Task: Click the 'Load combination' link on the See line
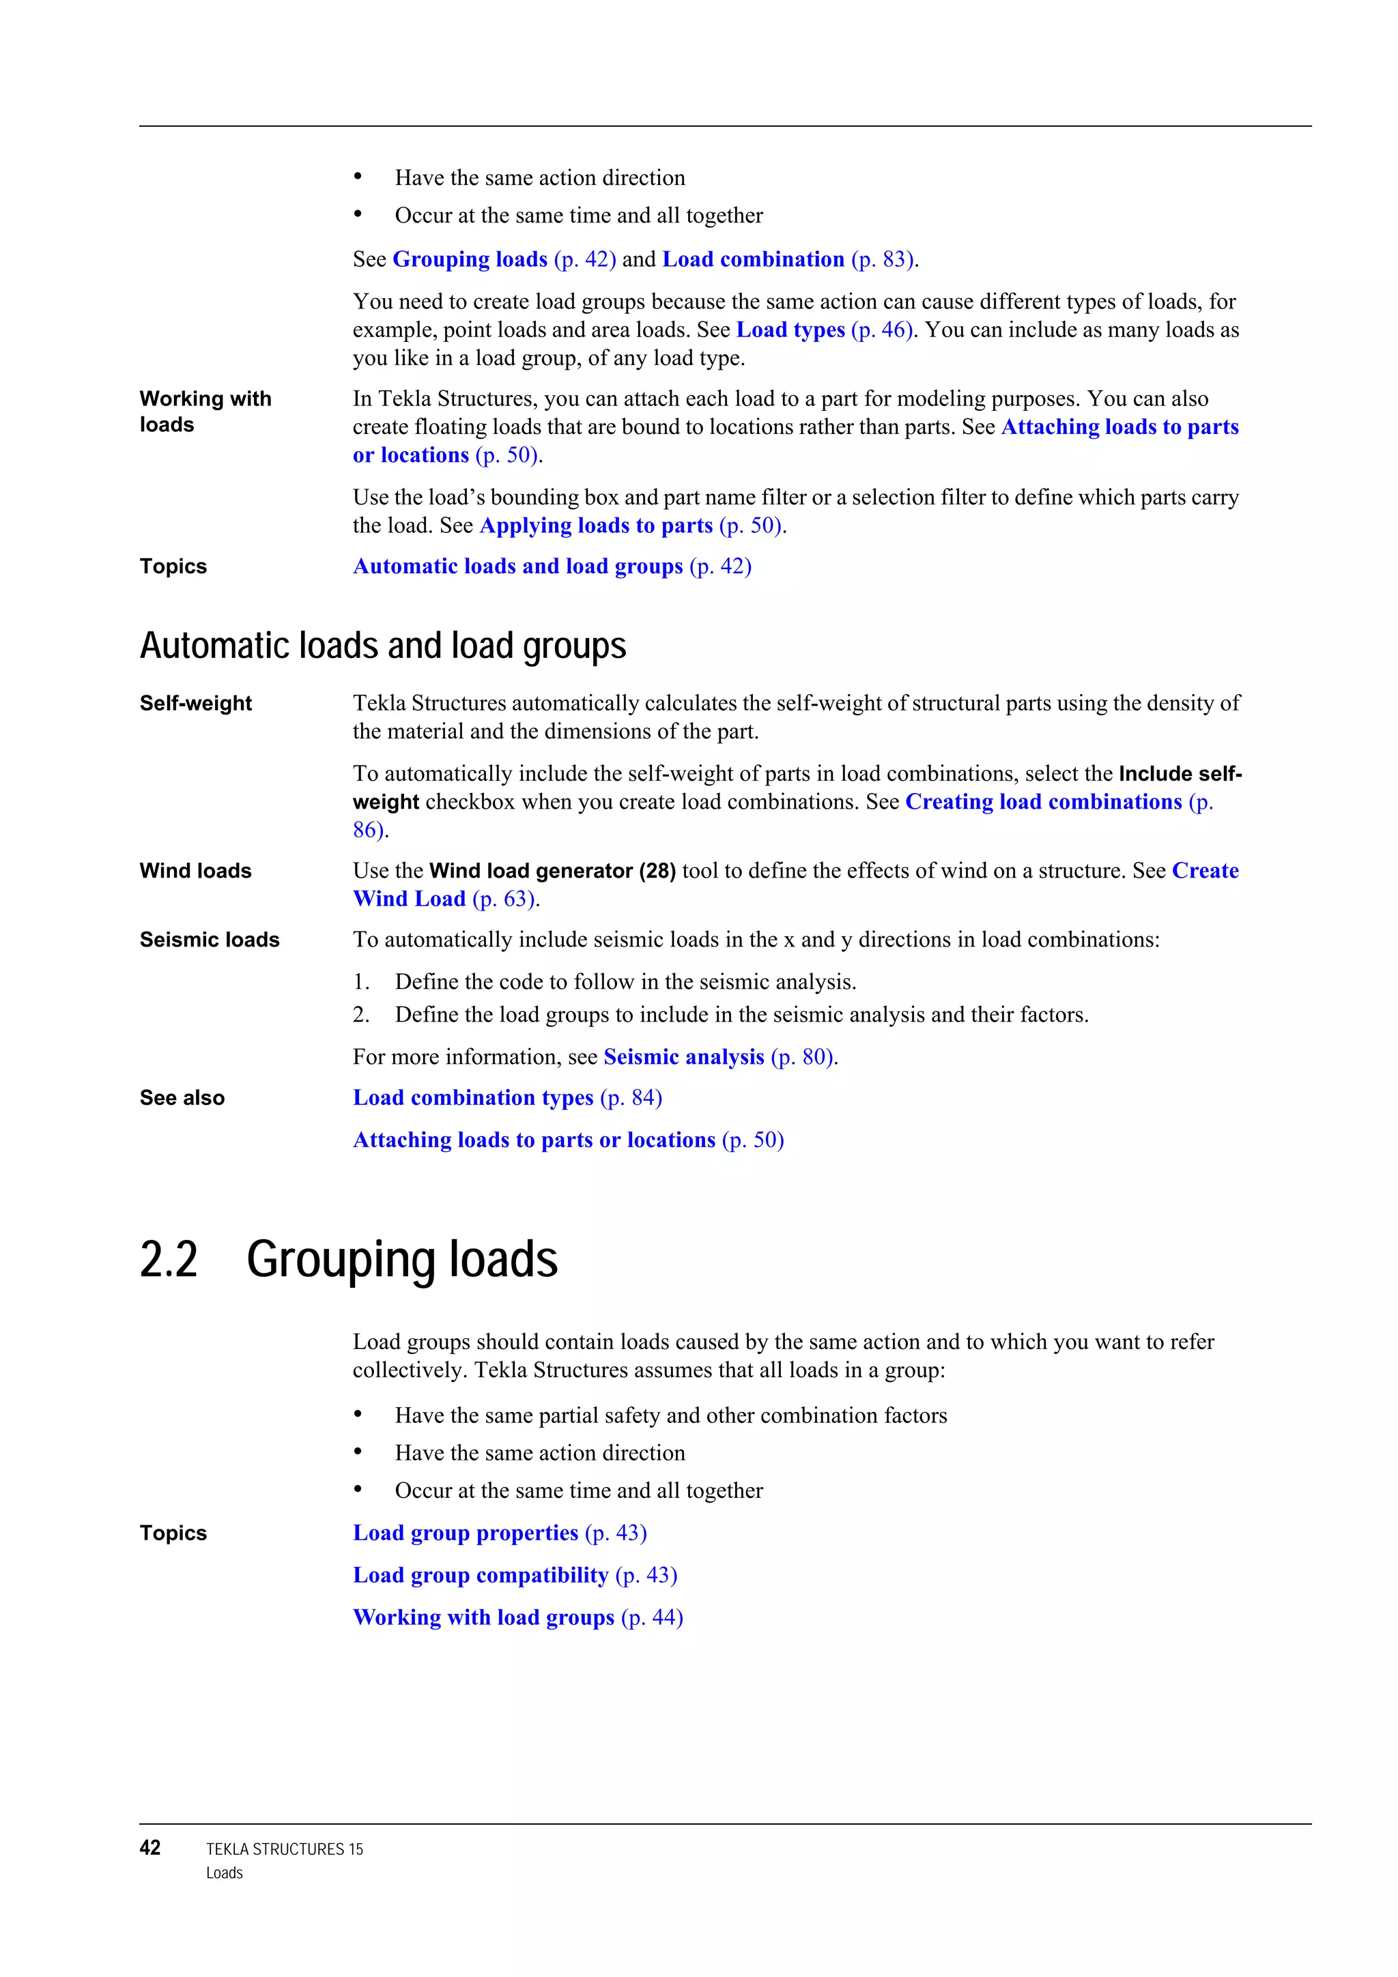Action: coord(753,259)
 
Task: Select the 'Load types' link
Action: coord(790,330)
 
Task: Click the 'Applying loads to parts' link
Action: coord(596,525)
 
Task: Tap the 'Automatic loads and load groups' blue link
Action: coord(517,566)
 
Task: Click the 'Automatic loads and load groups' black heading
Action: coord(382,646)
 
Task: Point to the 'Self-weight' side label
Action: coord(195,704)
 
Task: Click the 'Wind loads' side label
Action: coord(195,871)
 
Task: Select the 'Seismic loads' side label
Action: coord(210,940)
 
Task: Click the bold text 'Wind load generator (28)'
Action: coord(552,871)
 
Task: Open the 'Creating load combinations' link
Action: coord(1043,802)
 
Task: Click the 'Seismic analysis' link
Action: coord(684,1056)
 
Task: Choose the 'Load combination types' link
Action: coord(473,1098)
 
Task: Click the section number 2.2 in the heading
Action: coord(169,1260)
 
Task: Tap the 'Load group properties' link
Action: coord(465,1533)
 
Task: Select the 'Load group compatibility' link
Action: coord(481,1575)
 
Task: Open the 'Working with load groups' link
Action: coord(483,1617)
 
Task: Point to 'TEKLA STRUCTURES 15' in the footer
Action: coord(284,1849)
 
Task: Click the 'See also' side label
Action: coord(182,1098)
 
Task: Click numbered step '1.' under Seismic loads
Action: coord(361,981)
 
